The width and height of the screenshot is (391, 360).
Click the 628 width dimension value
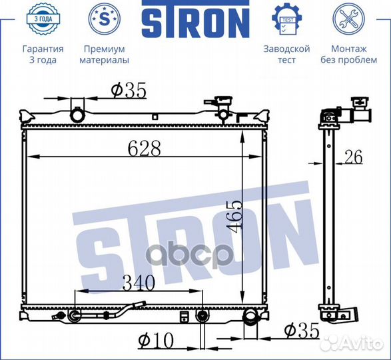144,148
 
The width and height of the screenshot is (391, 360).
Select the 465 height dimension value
234,214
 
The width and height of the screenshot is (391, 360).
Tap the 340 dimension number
139,283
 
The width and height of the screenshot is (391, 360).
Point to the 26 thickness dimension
354,157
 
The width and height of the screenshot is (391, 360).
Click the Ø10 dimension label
156,341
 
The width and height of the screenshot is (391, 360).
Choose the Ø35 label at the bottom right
302,330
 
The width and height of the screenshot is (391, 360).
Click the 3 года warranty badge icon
43,19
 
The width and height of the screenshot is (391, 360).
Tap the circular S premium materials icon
105,19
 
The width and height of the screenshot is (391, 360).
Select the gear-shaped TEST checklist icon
287,19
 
